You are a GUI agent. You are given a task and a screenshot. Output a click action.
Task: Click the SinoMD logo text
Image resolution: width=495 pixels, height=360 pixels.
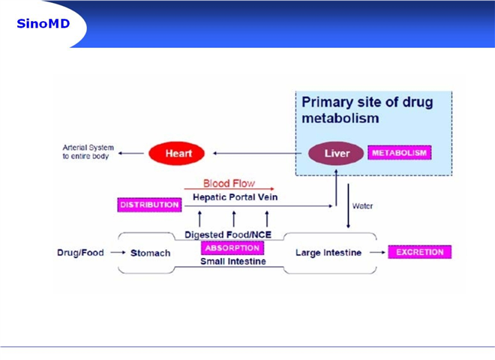[43, 24]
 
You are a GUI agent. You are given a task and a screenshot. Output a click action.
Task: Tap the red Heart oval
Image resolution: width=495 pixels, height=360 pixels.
[177, 154]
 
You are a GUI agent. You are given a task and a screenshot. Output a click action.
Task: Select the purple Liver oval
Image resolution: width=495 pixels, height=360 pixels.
[336, 154]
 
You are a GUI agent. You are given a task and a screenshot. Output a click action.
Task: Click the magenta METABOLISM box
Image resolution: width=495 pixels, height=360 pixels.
[399, 153]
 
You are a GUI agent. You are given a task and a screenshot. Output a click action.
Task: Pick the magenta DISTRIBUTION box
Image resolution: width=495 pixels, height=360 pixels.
[150, 205]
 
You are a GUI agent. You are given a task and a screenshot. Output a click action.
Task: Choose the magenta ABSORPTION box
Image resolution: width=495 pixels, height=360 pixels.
[232, 248]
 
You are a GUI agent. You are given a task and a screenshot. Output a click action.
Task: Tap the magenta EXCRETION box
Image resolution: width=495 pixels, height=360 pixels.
[420, 252]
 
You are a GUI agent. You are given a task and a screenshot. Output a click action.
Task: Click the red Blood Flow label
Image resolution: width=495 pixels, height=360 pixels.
[229, 183]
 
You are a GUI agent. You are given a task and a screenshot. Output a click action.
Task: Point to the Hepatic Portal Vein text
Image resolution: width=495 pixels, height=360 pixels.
[235, 197]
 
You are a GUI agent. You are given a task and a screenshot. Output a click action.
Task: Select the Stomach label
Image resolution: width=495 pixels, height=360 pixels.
[151, 253]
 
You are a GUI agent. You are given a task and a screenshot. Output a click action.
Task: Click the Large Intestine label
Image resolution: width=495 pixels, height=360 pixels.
[328, 253]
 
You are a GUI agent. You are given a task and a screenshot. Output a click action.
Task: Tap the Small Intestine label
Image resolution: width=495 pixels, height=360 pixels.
[233, 261]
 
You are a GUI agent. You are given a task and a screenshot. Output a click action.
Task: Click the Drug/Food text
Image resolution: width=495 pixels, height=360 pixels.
[80, 253]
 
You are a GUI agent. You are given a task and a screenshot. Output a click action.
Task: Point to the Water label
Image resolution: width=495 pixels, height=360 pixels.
[362, 206]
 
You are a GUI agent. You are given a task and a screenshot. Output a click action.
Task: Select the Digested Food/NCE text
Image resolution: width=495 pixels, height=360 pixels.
[228, 235]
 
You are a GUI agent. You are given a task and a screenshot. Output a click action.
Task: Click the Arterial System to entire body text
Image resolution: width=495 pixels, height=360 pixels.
[88, 151]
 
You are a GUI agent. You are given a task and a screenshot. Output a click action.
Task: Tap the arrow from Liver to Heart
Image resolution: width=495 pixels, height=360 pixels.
[257, 154]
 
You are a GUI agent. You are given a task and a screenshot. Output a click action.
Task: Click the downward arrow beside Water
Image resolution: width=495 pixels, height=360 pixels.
[348, 206]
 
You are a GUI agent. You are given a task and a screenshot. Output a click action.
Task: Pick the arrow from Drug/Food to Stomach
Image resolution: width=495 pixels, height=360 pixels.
[118, 253]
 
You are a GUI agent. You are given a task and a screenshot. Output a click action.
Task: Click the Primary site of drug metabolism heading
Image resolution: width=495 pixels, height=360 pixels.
[367, 110]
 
